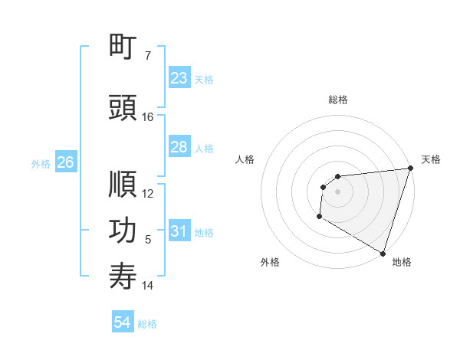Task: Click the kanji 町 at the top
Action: (x=123, y=47)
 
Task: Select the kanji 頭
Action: (x=123, y=108)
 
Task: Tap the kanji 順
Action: (x=123, y=185)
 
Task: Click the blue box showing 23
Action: (x=179, y=78)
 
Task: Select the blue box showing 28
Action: (x=179, y=147)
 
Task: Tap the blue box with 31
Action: (x=179, y=231)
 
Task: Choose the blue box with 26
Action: (x=65, y=162)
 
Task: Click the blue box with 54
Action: (x=122, y=322)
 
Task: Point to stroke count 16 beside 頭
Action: (x=148, y=117)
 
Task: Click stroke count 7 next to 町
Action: (x=148, y=56)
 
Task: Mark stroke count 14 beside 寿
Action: (x=148, y=286)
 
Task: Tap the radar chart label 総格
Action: (x=338, y=100)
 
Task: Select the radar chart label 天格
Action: (x=431, y=159)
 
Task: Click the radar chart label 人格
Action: (x=245, y=159)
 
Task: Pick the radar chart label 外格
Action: (x=269, y=262)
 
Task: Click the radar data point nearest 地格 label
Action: (x=383, y=253)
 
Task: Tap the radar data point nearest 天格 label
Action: (x=410, y=169)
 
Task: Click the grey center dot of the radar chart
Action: (x=337, y=191)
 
